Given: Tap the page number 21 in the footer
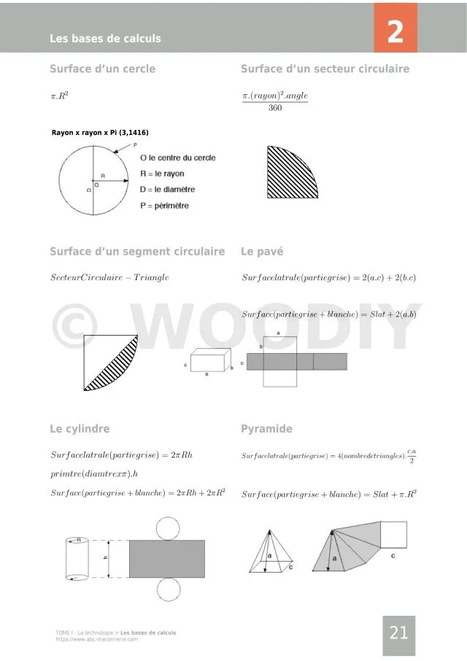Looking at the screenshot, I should (398, 633).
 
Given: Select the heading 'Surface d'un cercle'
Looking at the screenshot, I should (102, 69).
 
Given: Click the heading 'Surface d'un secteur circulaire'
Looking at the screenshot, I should (325, 69).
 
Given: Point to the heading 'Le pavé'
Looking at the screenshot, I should (262, 252).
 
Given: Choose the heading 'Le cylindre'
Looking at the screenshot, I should (80, 429).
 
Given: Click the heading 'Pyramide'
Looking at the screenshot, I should (266, 429).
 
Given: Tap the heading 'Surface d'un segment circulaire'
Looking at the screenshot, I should (137, 252).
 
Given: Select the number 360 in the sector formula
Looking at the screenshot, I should (275, 108).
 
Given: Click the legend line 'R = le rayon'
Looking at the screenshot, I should (162, 174).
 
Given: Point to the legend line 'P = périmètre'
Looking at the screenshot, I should (164, 206).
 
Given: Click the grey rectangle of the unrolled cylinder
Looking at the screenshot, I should (167, 559).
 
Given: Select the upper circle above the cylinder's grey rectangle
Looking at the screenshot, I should (168, 527).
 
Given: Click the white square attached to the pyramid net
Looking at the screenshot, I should (394, 534).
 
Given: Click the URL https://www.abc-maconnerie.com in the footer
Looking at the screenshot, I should (96, 639).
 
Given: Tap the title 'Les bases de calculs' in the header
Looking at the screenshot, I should (105, 39).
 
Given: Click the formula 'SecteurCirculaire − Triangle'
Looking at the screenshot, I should (109, 277).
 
